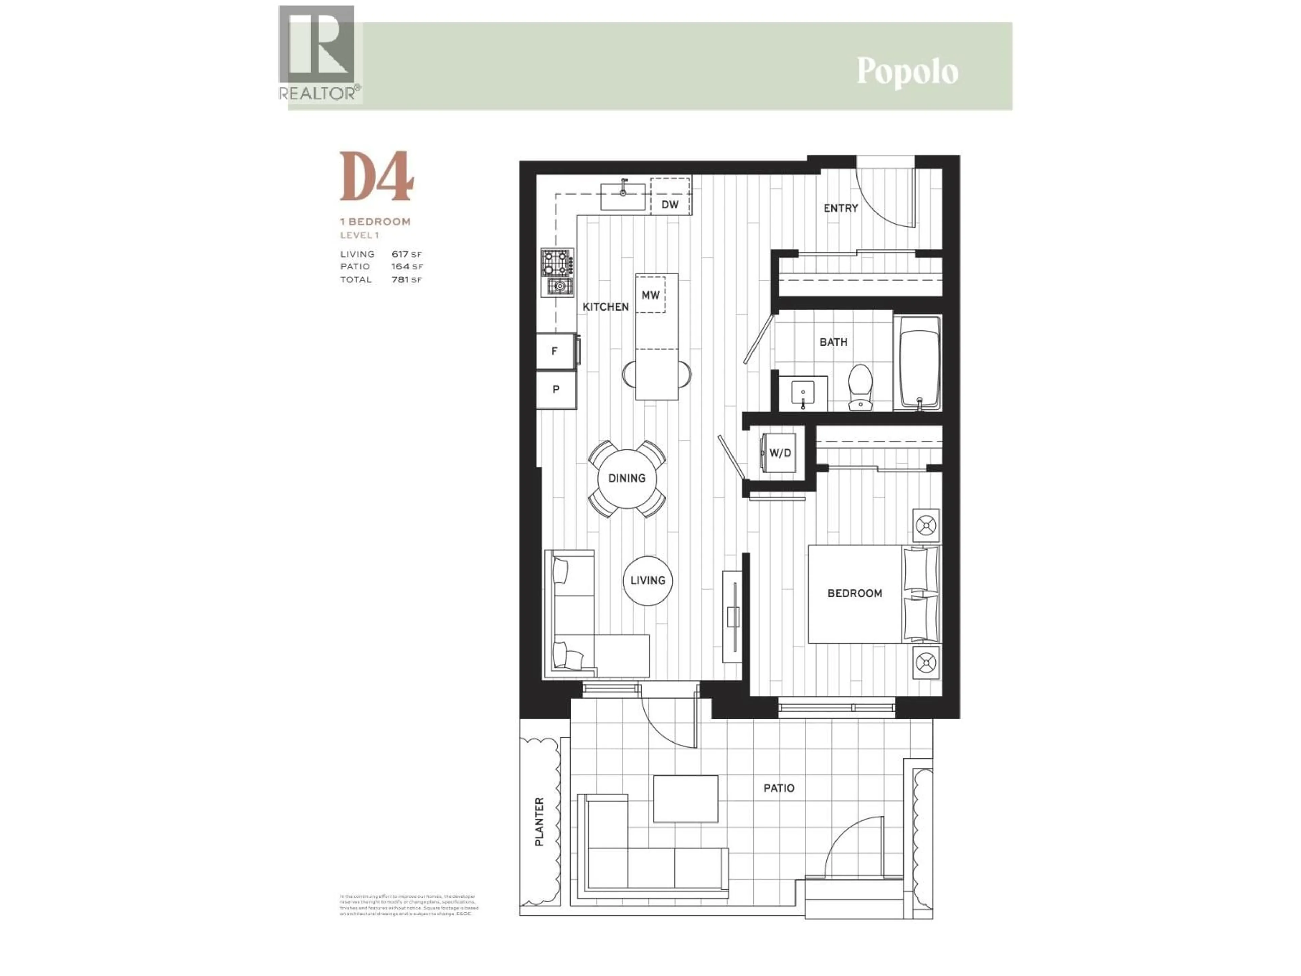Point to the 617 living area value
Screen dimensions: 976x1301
(400, 254)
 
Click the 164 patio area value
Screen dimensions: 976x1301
(400, 266)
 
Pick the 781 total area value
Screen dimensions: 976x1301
(400, 280)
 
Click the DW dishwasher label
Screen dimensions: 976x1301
(670, 204)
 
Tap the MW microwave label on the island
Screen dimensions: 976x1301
(650, 295)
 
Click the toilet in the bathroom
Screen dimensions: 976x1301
(861, 386)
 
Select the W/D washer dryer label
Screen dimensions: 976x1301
(781, 453)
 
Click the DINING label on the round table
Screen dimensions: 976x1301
(627, 478)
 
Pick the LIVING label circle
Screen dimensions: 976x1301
(647, 581)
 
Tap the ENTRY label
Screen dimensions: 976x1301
(841, 208)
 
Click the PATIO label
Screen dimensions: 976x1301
(779, 788)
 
